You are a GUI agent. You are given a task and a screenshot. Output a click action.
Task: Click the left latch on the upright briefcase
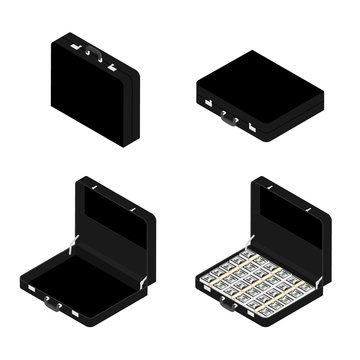click(x=75, y=46)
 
